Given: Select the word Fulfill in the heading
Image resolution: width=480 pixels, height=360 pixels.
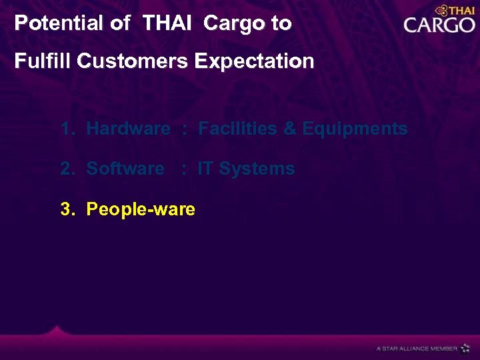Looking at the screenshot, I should (43, 61).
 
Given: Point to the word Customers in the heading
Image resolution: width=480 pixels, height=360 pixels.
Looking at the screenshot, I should (133, 61).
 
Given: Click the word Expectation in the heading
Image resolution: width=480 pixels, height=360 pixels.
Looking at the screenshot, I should (254, 61).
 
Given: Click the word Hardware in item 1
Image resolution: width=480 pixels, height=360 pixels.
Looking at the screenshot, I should (128, 129).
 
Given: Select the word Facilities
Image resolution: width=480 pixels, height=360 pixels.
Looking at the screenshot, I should (238, 129).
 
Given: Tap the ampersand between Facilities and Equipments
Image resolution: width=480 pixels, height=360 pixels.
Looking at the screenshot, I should (290, 129).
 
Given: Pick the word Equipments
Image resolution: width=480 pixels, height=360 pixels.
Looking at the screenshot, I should (355, 129).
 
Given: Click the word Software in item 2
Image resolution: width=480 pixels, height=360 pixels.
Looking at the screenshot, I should (125, 169).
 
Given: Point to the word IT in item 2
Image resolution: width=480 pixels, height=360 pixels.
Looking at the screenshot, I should (205, 169).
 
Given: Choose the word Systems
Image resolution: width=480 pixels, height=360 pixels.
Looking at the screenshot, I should (257, 169).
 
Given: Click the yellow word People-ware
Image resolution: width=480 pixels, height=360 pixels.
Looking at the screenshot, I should (141, 209).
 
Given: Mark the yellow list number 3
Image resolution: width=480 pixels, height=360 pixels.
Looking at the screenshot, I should (66, 209).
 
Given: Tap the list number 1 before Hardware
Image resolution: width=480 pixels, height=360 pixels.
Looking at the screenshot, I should (66, 129).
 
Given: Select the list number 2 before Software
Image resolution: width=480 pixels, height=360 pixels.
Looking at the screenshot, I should (66, 169).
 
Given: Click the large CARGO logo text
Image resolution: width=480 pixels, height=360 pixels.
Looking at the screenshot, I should (439, 26).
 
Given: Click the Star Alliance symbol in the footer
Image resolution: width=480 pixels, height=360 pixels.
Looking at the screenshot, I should (465, 348).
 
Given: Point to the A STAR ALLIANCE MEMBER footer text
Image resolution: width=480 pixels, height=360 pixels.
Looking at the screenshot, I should (417, 349).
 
